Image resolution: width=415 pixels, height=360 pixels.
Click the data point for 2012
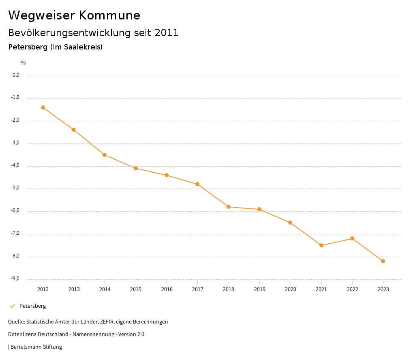pos(43,107)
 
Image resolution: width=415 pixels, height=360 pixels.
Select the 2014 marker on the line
pos(105,155)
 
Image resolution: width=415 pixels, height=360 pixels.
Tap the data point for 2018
pos(229,207)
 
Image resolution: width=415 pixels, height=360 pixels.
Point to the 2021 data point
pos(321,245)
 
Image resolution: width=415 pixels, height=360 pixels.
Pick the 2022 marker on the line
pos(352,238)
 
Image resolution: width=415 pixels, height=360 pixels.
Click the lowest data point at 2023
pos(383,261)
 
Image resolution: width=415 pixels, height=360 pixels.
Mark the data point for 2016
pos(167,175)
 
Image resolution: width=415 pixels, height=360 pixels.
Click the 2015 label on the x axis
pos(136,289)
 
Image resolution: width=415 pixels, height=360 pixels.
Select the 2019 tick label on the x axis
pos(259,289)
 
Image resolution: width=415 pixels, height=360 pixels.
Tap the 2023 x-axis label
pos(383,289)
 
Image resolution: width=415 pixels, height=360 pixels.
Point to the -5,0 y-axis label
pos(15,188)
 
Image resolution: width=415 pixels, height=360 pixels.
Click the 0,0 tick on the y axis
pos(16,75)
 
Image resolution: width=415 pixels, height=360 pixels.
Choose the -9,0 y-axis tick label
pos(15,279)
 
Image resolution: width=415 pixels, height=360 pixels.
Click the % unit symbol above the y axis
pos(24,63)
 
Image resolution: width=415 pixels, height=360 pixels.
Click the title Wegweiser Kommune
pos(74,15)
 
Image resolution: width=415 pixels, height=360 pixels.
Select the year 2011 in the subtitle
pos(166,33)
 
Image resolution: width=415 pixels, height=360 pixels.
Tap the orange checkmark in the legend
pos(12,306)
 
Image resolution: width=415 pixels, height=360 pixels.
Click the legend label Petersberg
pos(32,306)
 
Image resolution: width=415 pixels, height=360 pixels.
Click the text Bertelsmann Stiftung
pos(36,347)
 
